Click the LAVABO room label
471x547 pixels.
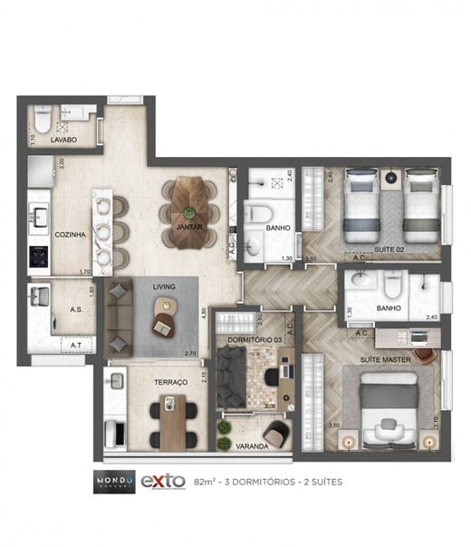click(63, 141)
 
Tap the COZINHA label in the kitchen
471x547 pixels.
click(70, 233)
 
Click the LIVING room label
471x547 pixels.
click(164, 287)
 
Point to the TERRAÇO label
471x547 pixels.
click(170, 383)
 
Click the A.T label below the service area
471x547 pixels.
click(76, 346)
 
